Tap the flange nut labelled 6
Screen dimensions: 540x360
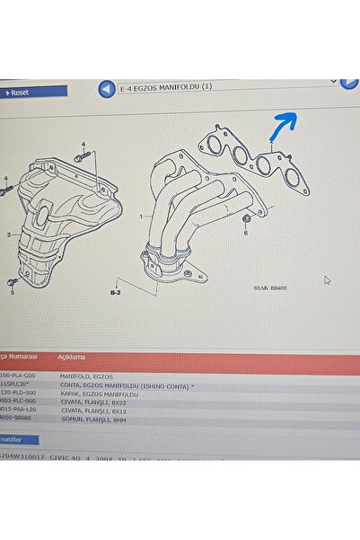coord(245,219)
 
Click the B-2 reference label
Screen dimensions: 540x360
coord(115,292)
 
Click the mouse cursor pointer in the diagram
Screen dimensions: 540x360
coord(327,279)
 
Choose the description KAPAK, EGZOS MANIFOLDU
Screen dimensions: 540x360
coord(101,394)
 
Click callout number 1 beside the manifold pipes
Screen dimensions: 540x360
coord(141,217)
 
